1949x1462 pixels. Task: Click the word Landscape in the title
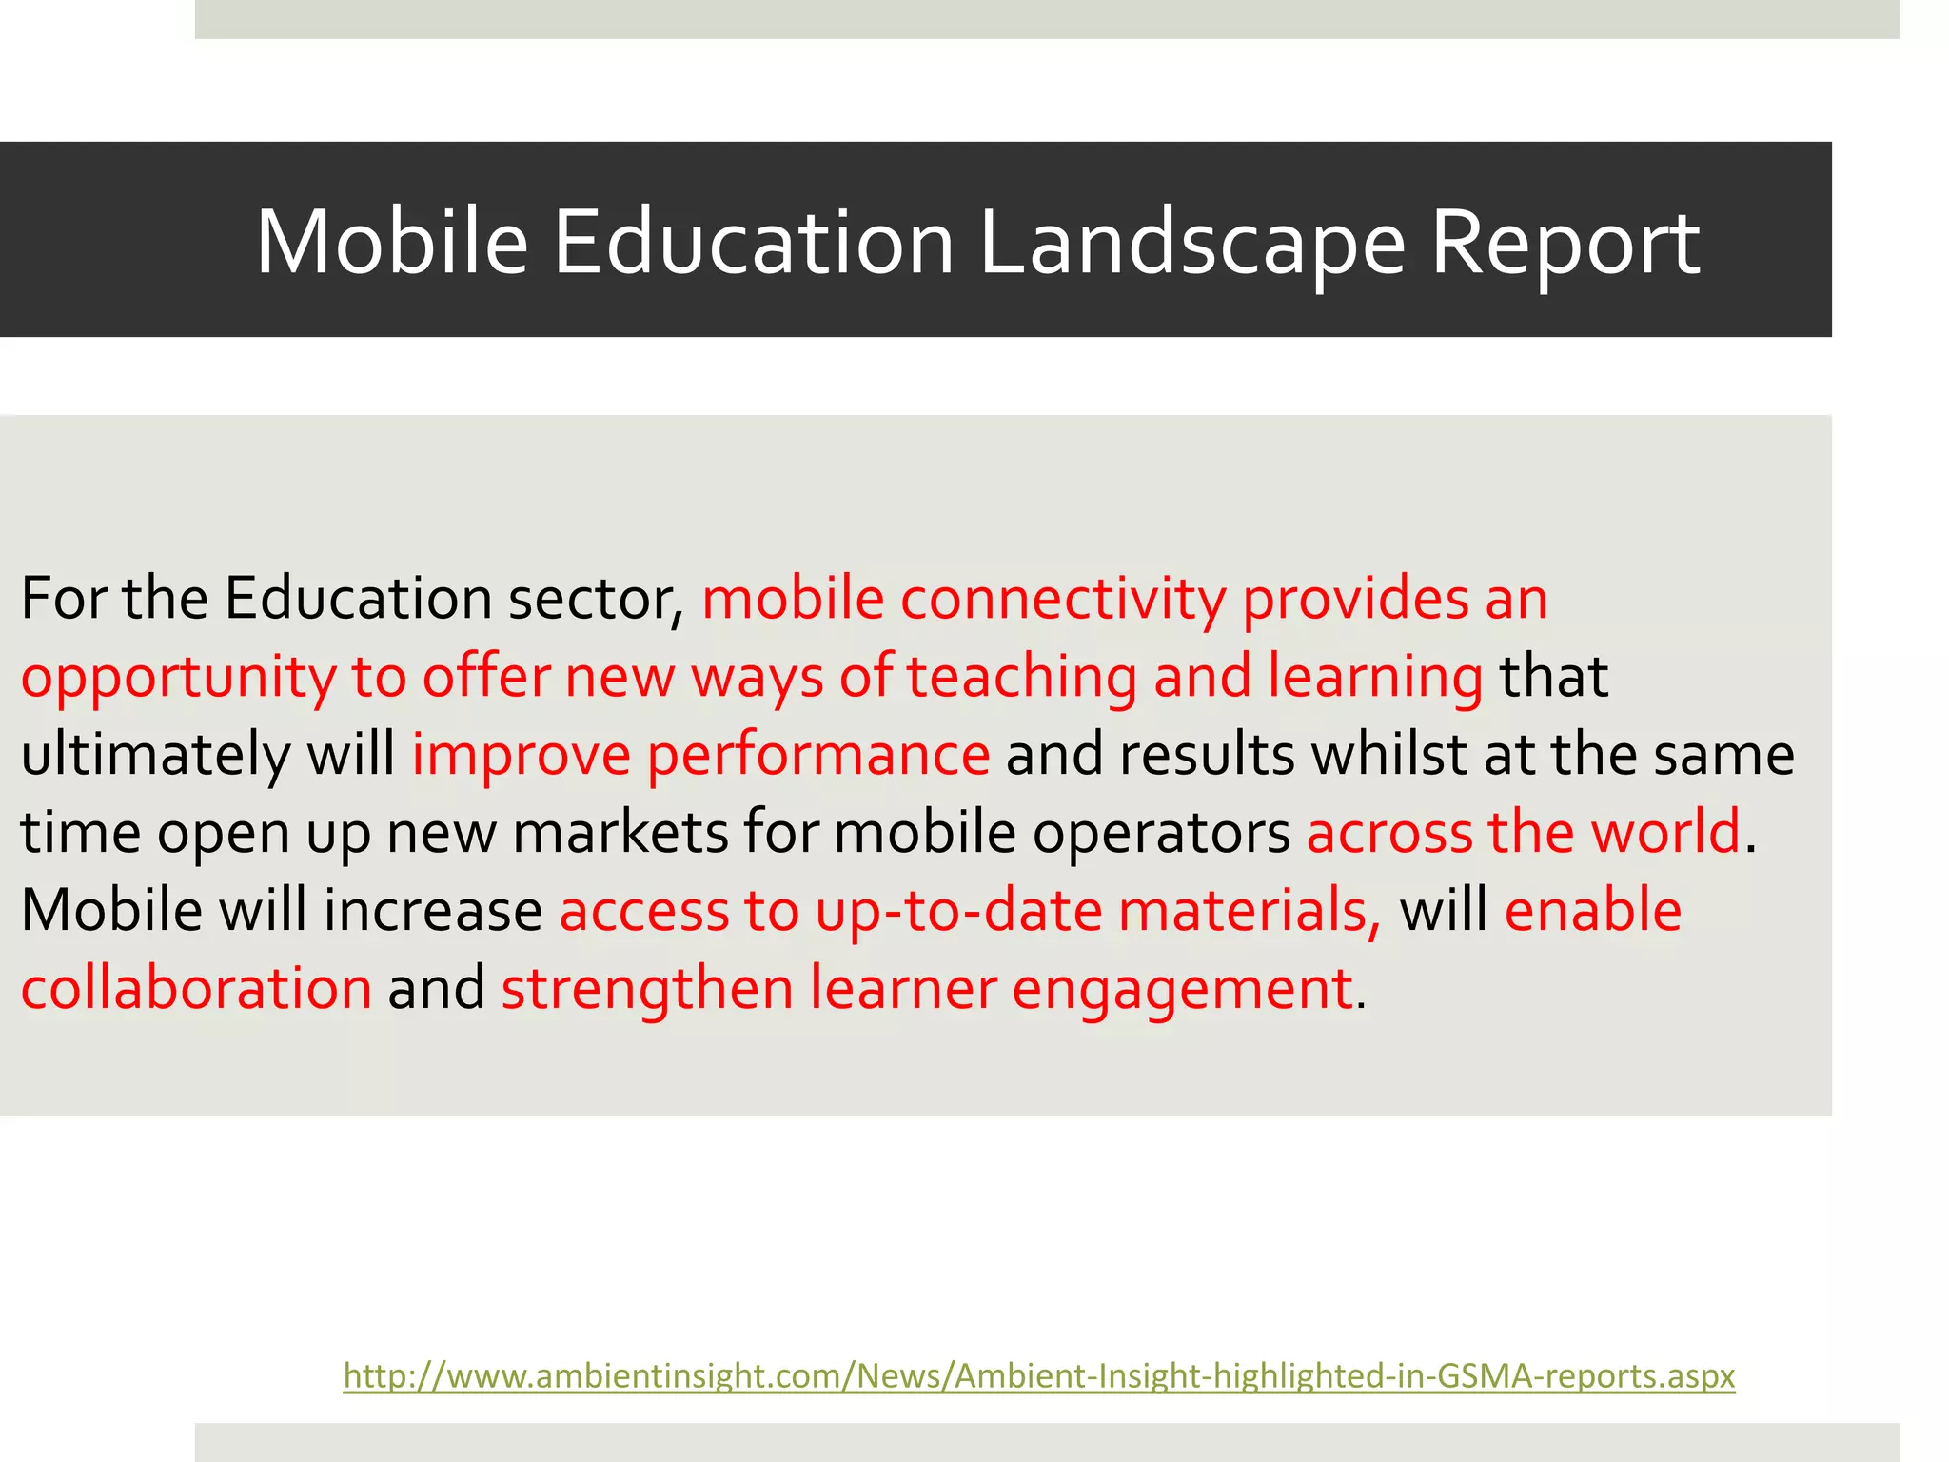pyautogui.click(x=1192, y=243)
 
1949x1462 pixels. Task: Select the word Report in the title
pyautogui.click(x=1565, y=243)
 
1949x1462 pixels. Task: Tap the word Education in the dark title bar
pyautogui.click(x=753, y=243)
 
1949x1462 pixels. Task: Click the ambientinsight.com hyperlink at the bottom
pyautogui.click(x=1039, y=1376)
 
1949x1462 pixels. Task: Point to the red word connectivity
pyautogui.click(x=1063, y=600)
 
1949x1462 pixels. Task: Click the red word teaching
pyautogui.click(x=1021, y=678)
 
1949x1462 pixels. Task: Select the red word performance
pyautogui.click(x=818, y=756)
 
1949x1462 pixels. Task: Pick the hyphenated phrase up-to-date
pyautogui.click(x=958, y=912)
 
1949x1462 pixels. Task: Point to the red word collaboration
pyautogui.click(x=196, y=988)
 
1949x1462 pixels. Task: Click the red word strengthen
pyautogui.click(x=647, y=988)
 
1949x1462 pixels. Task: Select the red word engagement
pyautogui.click(x=1182, y=990)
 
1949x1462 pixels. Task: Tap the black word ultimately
pyautogui.click(x=155, y=756)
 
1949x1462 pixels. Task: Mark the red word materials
pyautogui.click(x=1249, y=910)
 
